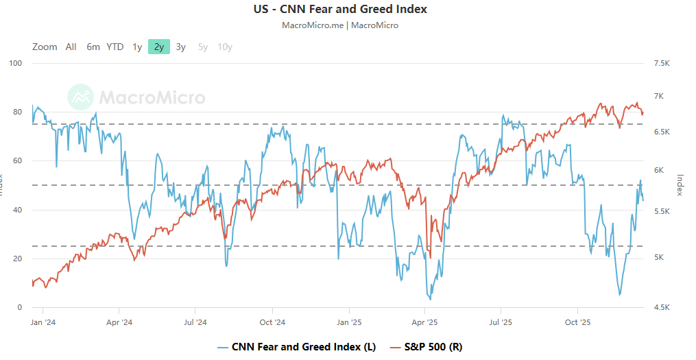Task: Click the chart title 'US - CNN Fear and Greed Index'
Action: [340, 10]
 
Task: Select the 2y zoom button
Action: [159, 47]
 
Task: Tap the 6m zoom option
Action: [93, 47]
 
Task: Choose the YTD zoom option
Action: [115, 47]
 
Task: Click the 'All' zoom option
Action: [71, 47]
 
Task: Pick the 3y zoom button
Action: [180, 47]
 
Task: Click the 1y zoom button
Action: [137, 47]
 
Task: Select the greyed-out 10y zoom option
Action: [225, 47]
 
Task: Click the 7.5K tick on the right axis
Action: [662, 64]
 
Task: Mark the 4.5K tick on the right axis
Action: [662, 307]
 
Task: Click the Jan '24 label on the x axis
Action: [43, 322]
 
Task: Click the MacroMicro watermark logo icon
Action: [81, 97]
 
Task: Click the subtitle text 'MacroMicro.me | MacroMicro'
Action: [340, 25]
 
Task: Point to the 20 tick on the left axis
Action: [19, 259]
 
